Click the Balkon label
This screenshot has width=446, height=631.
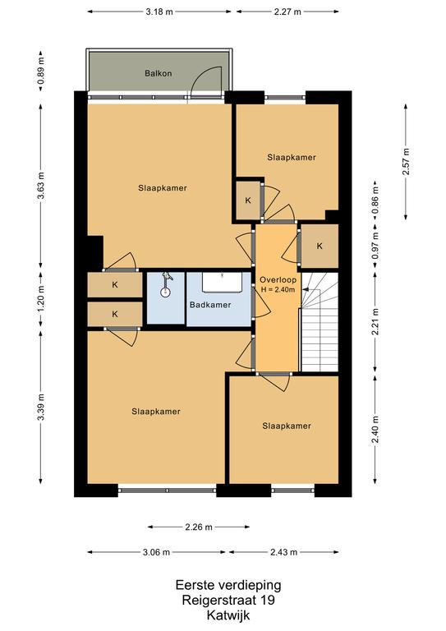(x=158, y=73)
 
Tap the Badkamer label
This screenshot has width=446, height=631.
(x=210, y=305)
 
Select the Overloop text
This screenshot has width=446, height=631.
(x=278, y=279)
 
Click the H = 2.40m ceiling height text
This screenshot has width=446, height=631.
(x=278, y=289)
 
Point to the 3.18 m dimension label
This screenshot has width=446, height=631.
(x=159, y=12)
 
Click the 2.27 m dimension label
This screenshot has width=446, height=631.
(x=287, y=12)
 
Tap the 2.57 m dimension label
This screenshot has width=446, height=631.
(x=406, y=162)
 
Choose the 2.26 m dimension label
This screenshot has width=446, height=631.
(x=199, y=527)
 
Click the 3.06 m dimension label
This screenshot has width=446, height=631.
(x=156, y=552)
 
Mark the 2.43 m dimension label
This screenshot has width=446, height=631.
(x=284, y=552)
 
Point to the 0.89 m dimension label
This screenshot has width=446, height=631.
(x=40, y=71)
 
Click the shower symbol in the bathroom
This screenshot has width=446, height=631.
(x=165, y=286)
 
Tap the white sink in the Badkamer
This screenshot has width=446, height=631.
(x=222, y=283)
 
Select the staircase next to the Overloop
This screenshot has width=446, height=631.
(x=320, y=322)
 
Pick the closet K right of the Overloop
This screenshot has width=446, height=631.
(x=320, y=246)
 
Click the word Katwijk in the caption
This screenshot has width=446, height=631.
(x=228, y=615)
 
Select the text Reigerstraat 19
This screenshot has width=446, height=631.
(x=228, y=600)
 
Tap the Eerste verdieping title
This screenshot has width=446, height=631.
(x=228, y=585)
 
